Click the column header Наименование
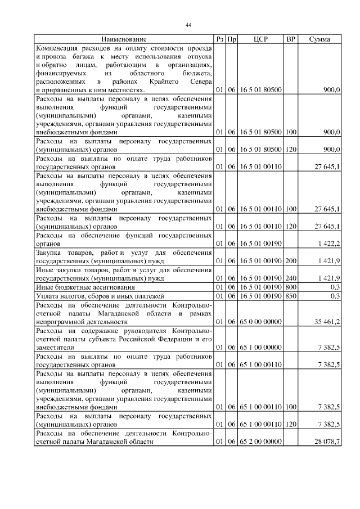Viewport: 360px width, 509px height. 124,39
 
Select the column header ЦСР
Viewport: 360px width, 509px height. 260,39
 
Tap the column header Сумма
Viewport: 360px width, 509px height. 319,39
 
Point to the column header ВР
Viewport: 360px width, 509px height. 291,39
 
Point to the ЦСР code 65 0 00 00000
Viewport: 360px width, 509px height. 261,322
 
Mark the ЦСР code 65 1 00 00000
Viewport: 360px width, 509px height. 261,348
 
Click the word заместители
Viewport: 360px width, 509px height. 55,348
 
